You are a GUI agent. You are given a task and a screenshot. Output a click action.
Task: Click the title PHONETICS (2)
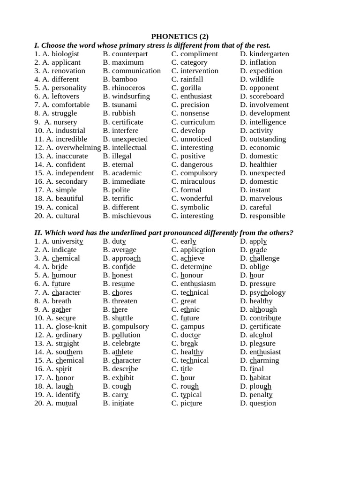[180, 37]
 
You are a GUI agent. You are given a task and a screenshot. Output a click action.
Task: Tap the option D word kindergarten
[269, 54]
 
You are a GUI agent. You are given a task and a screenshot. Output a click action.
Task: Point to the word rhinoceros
[128, 88]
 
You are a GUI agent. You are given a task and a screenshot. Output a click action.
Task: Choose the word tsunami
[124, 105]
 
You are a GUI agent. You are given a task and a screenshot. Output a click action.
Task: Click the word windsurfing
[131, 96]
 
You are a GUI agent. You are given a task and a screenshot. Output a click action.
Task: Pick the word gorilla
[190, 88]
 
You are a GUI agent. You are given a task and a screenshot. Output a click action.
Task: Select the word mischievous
[131, 216]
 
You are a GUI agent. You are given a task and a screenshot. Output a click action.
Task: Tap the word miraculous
[198, 181]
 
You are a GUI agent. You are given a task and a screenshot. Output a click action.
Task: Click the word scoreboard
[266, 96]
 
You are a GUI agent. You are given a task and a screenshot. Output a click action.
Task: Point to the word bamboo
[124, 79]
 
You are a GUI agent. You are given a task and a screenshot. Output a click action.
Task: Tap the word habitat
[260, 378]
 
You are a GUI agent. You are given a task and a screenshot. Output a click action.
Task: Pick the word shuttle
[122, 318]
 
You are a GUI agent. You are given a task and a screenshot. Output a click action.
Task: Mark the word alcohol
[261, 335]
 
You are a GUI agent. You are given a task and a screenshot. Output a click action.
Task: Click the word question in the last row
[262, 403]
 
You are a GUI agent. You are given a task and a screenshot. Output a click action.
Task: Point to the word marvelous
[266, 198]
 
